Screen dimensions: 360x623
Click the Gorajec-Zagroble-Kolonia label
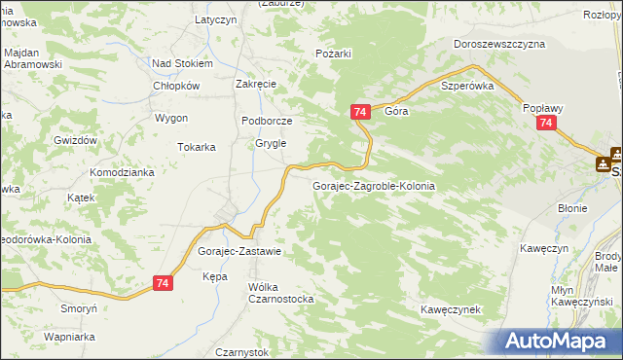point(373,185)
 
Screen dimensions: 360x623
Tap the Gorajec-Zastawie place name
point(239,251)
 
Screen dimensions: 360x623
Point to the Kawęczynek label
point(452,309)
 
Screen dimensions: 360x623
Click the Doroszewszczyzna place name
point(499,44)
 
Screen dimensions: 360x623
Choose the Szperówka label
point(468,86)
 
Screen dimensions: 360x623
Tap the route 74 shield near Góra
point(360,113)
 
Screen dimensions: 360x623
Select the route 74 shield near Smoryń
point(164,283)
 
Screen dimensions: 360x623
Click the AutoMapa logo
point(559,341)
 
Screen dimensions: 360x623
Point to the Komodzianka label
point(123,172)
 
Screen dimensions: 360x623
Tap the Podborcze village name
point(267,121)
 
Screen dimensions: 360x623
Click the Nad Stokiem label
point(182,63)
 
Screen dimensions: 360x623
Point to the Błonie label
point(572,208)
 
